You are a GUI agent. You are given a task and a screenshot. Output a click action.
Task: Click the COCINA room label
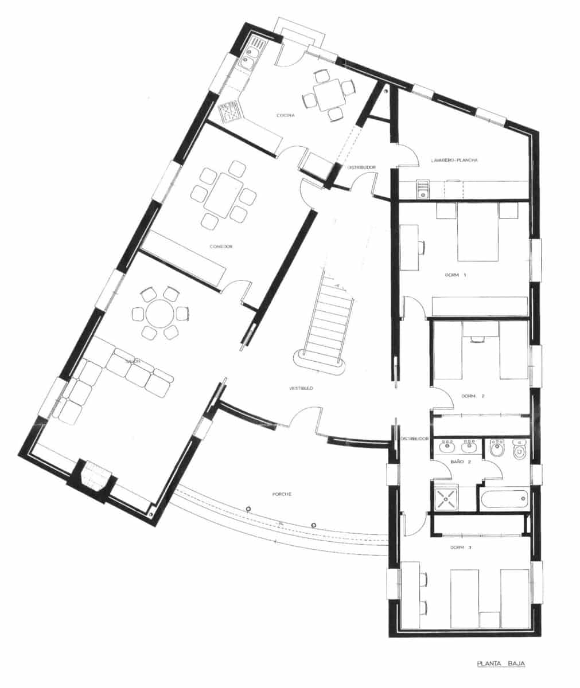(x=285, y=116)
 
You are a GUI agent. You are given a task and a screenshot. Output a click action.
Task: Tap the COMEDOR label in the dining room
(x=221, y=247)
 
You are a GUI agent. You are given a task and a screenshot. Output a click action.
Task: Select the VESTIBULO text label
(x=301, y=389)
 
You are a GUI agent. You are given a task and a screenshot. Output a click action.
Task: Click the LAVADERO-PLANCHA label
(x=454, y=161)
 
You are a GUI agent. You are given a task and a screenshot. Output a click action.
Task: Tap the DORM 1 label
(x=456, y=275)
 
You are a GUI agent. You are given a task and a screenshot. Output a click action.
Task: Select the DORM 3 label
(x=461, y=548)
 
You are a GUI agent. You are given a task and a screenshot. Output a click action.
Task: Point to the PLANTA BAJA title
(x=501, y=664)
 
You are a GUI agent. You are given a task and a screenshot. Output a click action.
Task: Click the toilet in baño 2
(x=520, y=451)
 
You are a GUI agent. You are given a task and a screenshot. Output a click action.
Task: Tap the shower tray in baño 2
(x=446, y=498)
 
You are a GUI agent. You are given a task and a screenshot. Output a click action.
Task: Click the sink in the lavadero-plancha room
(x=423, y=189)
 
